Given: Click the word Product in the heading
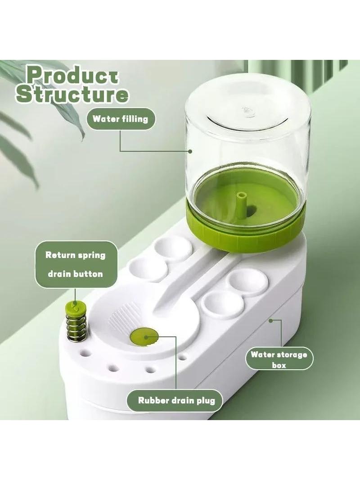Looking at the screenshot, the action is click(72, 75).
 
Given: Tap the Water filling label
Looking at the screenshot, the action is click(120, 119).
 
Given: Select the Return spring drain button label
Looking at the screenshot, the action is click(75, 264).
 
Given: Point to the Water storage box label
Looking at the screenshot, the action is click(279, 360).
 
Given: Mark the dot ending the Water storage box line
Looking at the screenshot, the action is click(270, 321).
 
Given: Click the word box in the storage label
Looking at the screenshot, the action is click(279, 365).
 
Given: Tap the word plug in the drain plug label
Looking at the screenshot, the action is click(206, 401).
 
